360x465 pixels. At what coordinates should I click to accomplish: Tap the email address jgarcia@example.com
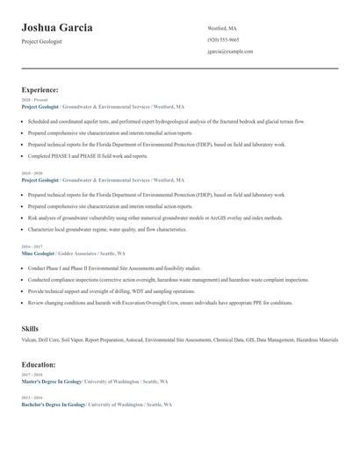click(230, 52)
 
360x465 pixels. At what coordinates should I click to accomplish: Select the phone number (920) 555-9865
click(223, 40)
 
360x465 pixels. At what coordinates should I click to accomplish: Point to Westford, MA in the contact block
click(222, 28)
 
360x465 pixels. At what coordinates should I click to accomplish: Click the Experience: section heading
click(40, 89)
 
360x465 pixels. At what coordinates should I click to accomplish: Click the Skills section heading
click(30, 328)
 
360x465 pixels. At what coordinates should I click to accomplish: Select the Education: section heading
click(39, 364)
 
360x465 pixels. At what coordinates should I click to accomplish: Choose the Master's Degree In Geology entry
click(51, 382)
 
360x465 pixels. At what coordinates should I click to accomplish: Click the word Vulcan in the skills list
click(29, 340)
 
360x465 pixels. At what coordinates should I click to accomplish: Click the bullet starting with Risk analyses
click(155, 217)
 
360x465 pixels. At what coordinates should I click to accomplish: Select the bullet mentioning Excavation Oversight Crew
click(160, 303)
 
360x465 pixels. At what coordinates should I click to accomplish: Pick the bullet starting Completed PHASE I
click(88, 155)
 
